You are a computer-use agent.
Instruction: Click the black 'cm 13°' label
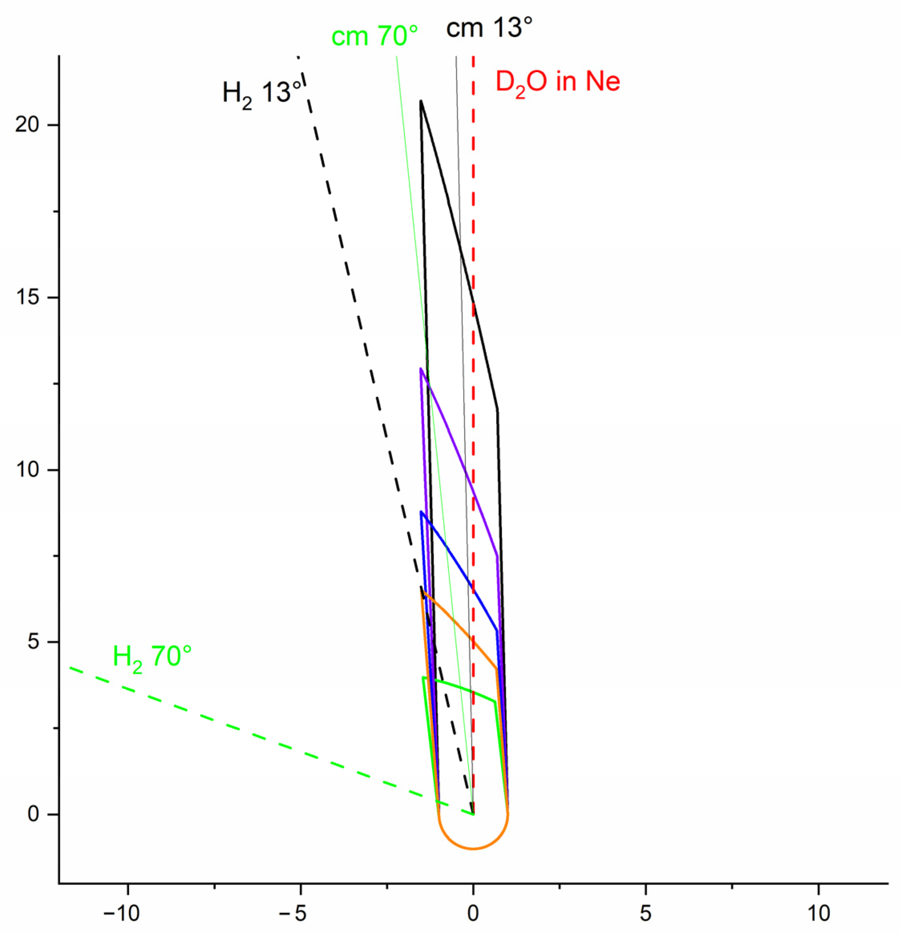(489, 28)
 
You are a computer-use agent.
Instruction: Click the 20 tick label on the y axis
(28, 125)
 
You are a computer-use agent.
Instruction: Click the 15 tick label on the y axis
(28, 297)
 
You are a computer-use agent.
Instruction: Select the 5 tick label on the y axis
(33, 642)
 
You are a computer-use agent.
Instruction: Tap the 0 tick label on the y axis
(33, 814)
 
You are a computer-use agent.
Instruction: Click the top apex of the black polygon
(421, 101)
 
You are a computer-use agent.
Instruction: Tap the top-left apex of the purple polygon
(420, 368)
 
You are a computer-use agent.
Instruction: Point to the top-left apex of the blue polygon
(421, 512)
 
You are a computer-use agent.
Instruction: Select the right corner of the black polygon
(498, 409)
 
